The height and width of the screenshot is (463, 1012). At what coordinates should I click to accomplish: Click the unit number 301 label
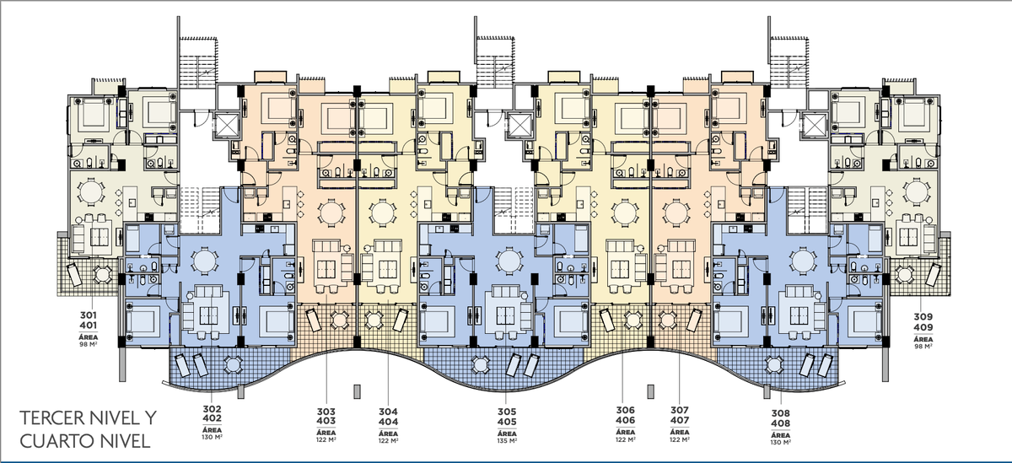89,315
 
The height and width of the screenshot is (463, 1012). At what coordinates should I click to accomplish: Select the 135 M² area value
507,441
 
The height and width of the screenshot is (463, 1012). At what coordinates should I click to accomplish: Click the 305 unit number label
507,412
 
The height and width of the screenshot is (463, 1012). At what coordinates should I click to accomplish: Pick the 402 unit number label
212,419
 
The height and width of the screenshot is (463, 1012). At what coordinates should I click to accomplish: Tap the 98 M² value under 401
89,344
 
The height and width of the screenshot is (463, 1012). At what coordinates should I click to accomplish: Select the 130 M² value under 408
780,443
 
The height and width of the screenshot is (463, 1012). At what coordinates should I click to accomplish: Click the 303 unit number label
326,412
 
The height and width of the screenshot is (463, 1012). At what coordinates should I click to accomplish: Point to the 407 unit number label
680,420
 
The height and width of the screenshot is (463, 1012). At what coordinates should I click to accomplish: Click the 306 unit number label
625,410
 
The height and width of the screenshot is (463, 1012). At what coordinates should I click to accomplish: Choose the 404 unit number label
388,422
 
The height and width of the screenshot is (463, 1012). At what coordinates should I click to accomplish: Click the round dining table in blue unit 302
205,261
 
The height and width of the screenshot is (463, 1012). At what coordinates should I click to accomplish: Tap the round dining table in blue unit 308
803,261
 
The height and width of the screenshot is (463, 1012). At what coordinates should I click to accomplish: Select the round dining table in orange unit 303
331,213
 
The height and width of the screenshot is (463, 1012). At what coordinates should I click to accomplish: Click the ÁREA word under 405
507,433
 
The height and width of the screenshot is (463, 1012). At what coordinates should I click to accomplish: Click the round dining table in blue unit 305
509,261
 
